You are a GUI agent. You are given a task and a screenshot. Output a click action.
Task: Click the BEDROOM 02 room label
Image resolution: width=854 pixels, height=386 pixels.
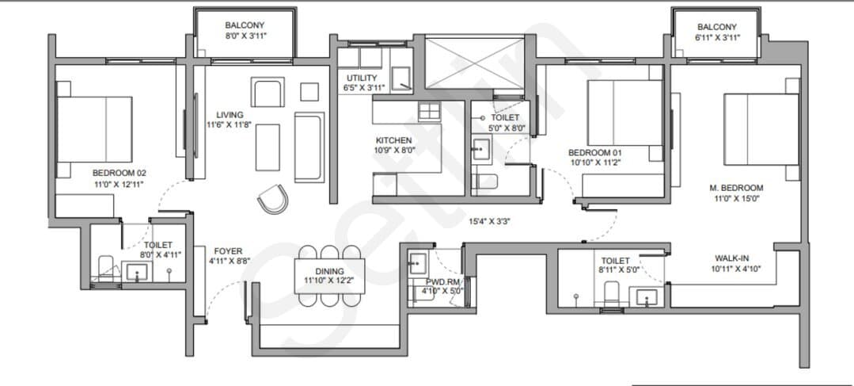point(120,173)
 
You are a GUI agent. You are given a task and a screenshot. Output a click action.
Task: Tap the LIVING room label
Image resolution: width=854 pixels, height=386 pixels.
point(230,114)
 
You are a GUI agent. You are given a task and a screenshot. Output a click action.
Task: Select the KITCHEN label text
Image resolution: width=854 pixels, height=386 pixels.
point(393,140)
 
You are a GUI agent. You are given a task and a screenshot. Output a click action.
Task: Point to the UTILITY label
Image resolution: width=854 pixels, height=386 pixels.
point(361,78)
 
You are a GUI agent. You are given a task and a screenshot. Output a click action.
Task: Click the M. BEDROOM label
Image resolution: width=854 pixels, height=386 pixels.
point(736,188)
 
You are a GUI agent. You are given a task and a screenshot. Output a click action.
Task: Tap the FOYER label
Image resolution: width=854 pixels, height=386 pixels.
point(228,251)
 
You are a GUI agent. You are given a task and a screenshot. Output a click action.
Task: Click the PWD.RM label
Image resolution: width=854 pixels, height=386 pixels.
point(438,282)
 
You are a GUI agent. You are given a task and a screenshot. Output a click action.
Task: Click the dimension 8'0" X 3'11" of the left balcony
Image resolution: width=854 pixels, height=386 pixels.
point(245,36)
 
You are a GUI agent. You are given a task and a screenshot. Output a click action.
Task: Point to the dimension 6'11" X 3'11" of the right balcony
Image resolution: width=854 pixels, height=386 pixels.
point(717,37)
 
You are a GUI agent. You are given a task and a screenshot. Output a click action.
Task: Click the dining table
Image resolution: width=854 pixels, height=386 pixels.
point(329,276)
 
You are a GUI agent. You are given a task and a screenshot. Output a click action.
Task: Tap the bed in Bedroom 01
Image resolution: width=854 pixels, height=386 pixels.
point(625,113)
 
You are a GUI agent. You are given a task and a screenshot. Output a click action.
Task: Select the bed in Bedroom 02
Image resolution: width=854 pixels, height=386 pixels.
point(95,129)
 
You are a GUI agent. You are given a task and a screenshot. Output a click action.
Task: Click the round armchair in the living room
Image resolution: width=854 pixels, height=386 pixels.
point(272,198)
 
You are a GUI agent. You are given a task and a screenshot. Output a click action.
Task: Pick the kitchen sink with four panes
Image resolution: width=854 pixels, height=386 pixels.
point(429,111)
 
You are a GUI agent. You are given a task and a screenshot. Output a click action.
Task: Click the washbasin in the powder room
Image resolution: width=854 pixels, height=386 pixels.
point(419,263)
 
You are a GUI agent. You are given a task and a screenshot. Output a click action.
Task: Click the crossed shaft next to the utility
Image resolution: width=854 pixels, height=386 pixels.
point(473,62)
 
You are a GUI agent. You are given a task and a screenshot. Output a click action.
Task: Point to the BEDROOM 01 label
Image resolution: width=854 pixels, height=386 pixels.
point(594,153)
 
